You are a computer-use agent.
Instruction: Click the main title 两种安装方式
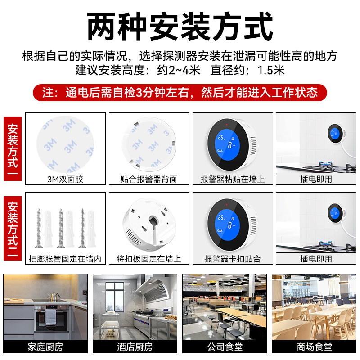click(x=180, y=27)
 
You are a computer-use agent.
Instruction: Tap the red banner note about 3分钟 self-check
click(x=180, y=93)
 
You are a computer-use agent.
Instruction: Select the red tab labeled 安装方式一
click(x=13, y=148)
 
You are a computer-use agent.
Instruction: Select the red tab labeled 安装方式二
click(x=13, y=228)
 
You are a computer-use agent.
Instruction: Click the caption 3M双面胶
click(x=65, y=179)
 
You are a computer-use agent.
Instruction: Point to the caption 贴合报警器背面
click(x=149, y=179)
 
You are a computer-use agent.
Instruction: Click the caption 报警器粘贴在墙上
click(x=233, y=179)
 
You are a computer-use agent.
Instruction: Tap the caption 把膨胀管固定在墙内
click(x=65, y=259)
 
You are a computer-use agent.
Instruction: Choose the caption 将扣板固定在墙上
click(x=149, y=259)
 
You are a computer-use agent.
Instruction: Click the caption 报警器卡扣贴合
click(x=233, y=259)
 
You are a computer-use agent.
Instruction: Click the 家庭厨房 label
click(x=45, y=346)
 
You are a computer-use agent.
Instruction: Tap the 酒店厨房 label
click(x=135, y=346)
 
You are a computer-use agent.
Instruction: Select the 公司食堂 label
click(x=225, y=346)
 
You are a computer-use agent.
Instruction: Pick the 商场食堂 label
click(x=314, y=346)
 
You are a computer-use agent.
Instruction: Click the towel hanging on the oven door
click(x=51, y=317)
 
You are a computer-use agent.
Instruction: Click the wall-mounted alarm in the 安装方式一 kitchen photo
click(x=336, y=134)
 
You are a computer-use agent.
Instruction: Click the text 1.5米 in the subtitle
click(x=271, y=70)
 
